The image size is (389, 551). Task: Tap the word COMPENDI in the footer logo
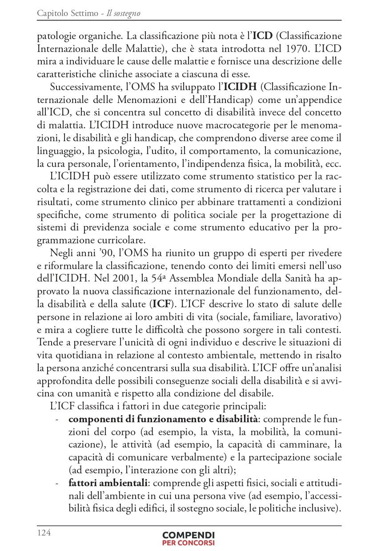tap(188, 535)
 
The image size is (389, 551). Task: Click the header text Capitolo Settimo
tap(68, 14)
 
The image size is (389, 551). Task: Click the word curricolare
tap(122, 241)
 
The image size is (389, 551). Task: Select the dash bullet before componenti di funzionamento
tap(56, 419)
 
